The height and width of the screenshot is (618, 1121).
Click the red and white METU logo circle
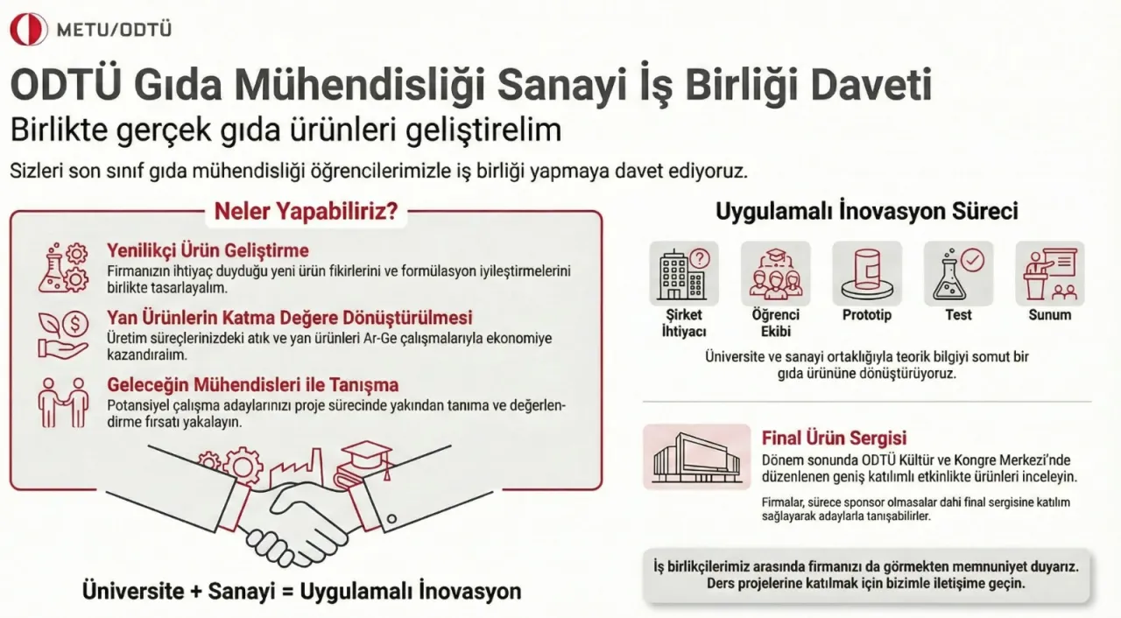29,30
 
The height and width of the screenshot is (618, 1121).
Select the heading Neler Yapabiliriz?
307,212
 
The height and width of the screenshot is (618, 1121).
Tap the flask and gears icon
64,268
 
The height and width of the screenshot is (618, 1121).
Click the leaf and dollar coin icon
63,334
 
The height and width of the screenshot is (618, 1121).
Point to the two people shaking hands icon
64,403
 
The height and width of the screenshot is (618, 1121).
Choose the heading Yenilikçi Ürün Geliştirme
208,250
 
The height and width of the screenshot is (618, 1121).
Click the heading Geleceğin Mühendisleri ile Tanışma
253,384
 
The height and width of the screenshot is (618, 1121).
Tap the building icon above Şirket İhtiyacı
684,273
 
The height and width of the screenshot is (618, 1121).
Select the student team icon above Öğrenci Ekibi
776,273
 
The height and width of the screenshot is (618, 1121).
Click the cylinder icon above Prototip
867,273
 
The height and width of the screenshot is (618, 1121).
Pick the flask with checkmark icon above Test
958,273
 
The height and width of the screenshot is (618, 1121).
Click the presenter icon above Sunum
1050,273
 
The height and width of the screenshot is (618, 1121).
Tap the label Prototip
867,315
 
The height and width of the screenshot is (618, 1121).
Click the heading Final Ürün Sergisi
834,438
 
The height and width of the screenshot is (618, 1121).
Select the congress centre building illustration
696,457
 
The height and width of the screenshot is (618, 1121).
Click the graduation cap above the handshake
366,456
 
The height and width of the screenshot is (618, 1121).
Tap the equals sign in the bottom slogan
286,592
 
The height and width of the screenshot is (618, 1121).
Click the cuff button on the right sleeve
391,519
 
